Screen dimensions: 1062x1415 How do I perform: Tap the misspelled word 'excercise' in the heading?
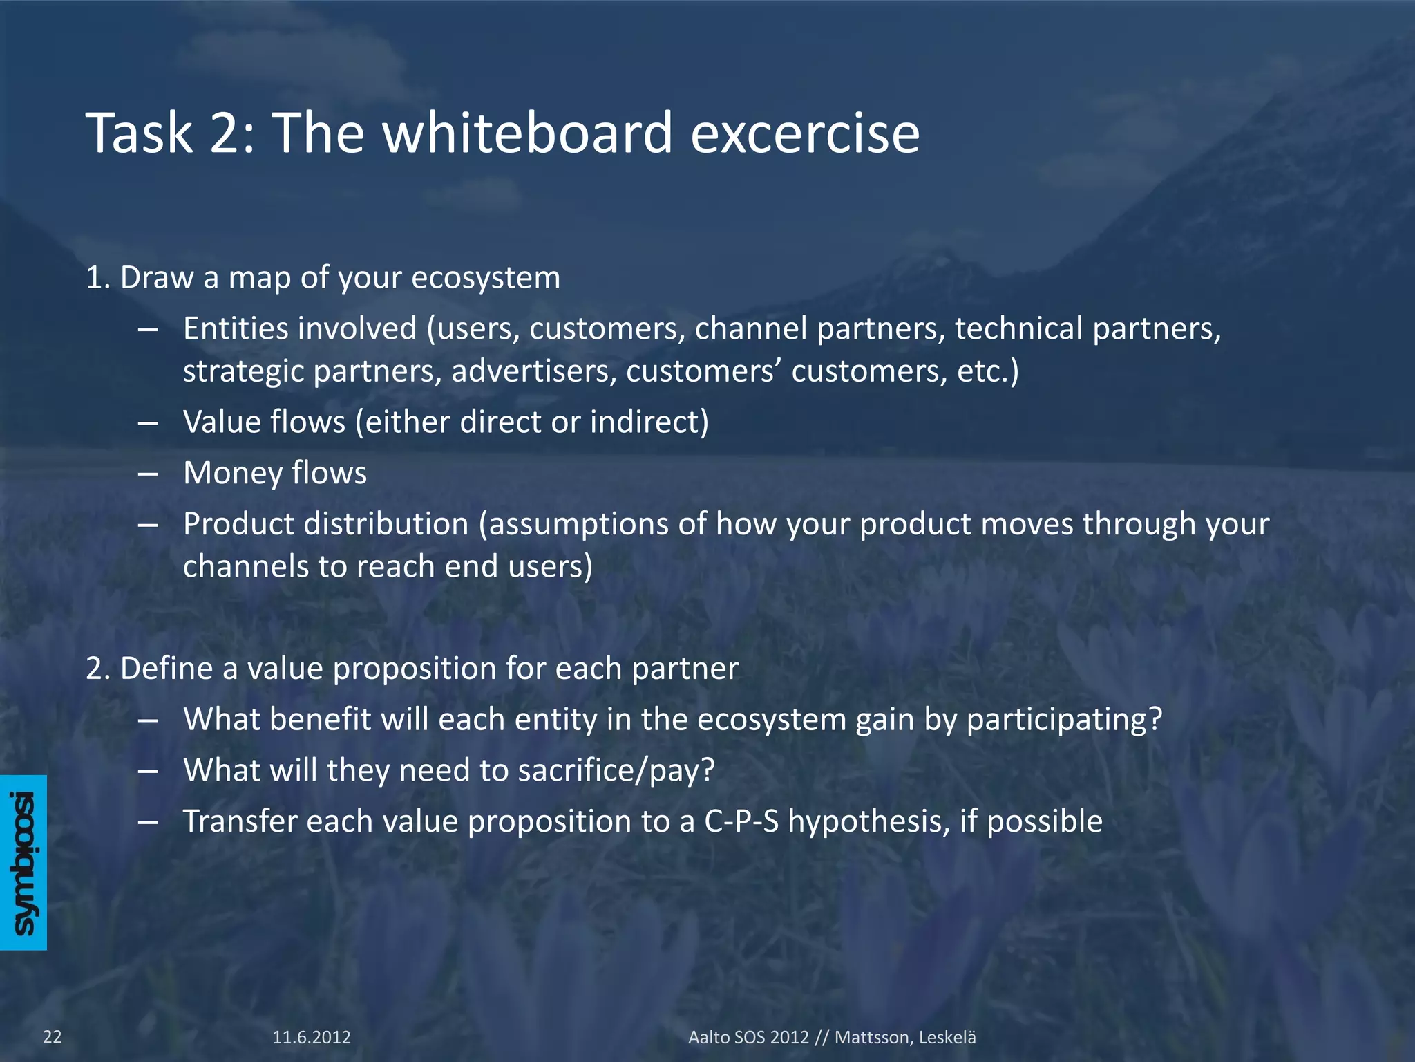(805, 133)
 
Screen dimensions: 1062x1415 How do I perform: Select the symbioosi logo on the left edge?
(23, 862)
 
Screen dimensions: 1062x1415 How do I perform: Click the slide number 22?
(53, 1036)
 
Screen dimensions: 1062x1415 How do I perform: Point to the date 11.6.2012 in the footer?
(312, 1037)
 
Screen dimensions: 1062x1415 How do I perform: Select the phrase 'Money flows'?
(275, 474)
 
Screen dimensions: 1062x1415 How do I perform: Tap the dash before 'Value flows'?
(149, 422)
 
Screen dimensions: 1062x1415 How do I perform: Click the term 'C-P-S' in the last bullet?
(741, 822)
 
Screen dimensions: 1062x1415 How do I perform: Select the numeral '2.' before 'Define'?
(98, 669)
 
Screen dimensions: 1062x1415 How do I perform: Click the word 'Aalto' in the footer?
(708, 1037)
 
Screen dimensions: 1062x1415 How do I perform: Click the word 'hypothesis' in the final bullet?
(868, 822)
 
